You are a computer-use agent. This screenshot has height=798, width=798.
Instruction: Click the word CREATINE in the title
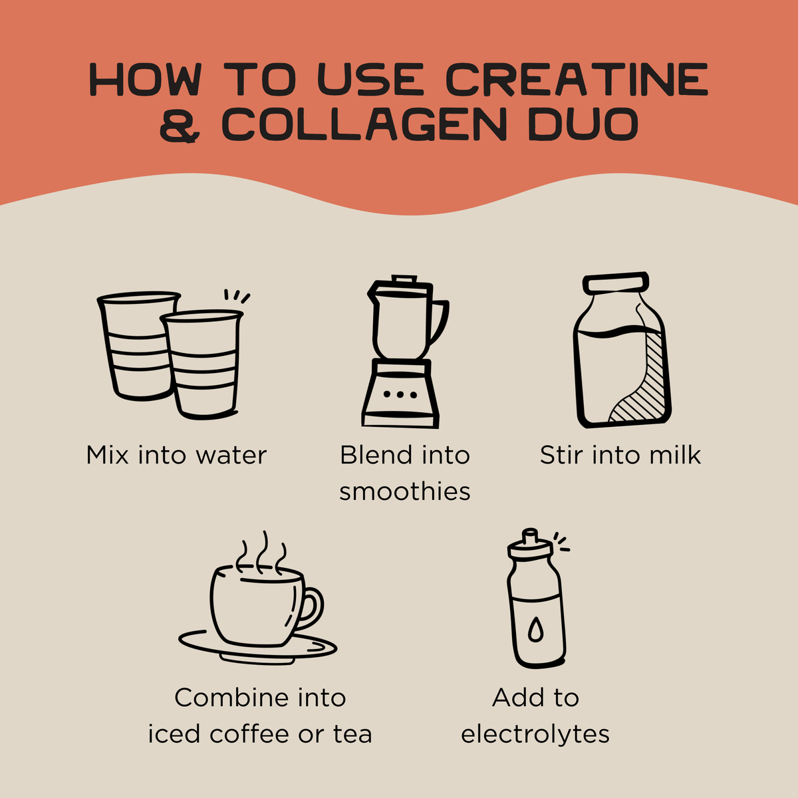pyautogui.click(x=577, y=79)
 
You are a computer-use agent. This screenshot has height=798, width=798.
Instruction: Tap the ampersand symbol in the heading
pyautogui.click(x=180, y=124)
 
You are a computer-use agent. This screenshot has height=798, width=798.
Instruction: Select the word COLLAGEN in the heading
pyautogui.click(x=364, y=124)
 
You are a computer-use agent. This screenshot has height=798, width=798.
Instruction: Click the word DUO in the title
pyautogui.click(x=583, y=124)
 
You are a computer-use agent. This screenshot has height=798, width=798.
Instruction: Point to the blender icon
pyautogui.click(x=404, y=351)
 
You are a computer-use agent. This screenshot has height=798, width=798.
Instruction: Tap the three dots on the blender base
pyautogui.click(x=400, y=394)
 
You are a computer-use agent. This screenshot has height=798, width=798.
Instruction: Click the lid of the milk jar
pyautogui.click(x=615, y=283)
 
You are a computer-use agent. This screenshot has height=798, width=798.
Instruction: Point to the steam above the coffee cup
pyautogui.click(x=261, y=553)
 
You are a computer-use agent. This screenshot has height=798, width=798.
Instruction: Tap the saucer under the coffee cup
pyautogui.click(x=257, y=649)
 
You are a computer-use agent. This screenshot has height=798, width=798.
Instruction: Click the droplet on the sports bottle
pyautogui.click(x=535, y=630)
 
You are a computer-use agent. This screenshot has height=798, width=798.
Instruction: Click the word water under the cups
pyautogui.click(x=231, y=456)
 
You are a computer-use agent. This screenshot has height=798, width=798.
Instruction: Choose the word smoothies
pyautogui.click(x=404, y=491)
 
